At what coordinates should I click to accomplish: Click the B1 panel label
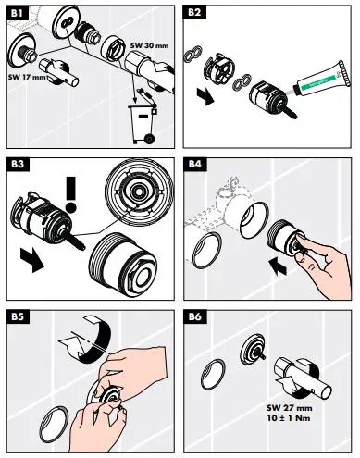pos(18,14)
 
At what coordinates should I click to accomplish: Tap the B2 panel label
pos(197,14)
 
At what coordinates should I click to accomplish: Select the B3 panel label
pos(18,165)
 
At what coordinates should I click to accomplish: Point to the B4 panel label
pos(197,165)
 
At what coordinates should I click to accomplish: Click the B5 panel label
pos(18,316)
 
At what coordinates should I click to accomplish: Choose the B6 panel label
pos(197,316)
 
